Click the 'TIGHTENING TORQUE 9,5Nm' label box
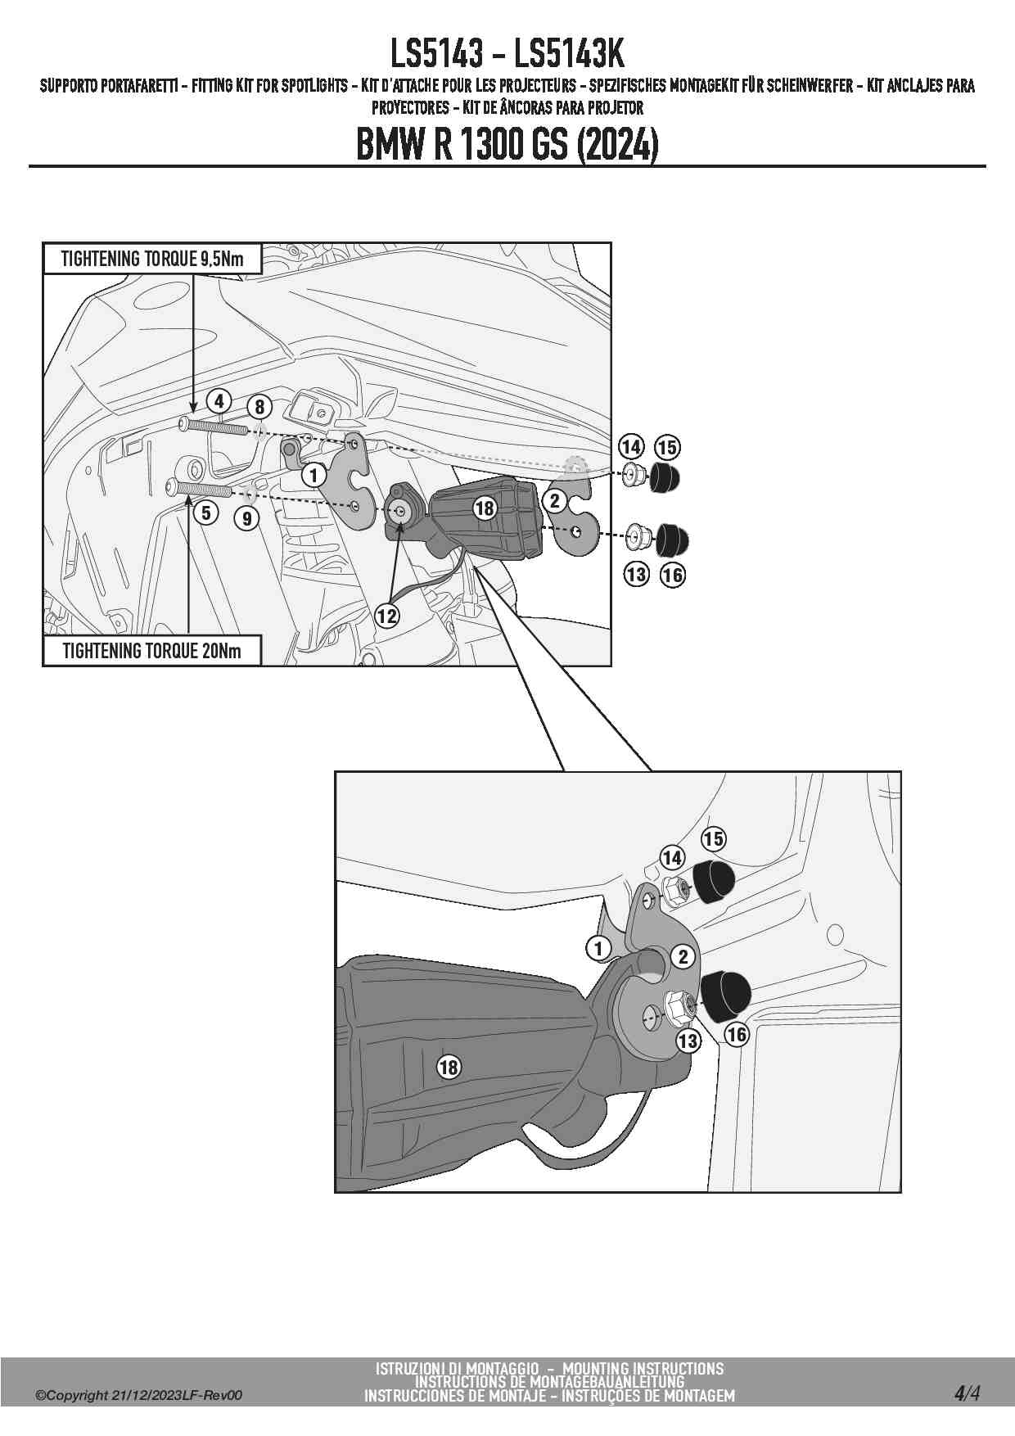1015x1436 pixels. click(152, 260)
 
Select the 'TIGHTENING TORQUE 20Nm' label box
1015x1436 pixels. click(152, 652)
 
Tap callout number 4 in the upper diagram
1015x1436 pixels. click(219, 401)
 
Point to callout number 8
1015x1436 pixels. click(259, 407)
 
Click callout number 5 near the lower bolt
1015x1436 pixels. click(205, 513)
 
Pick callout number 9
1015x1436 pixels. click(246, 517)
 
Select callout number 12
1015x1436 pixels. click(386, 616)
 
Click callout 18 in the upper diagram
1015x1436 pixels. click(485, 508)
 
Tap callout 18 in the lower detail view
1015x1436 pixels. click(449, 1067)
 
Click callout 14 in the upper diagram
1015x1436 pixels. click(630, 447)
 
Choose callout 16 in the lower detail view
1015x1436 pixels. click(737, 1034)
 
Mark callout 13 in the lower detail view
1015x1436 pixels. click(688, 1041)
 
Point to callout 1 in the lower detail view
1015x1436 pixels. click(598, 948)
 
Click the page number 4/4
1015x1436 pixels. click(967, 1393)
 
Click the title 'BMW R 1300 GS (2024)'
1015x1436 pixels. click(507, 146)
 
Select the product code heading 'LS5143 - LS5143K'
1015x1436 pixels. click(507, 54)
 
